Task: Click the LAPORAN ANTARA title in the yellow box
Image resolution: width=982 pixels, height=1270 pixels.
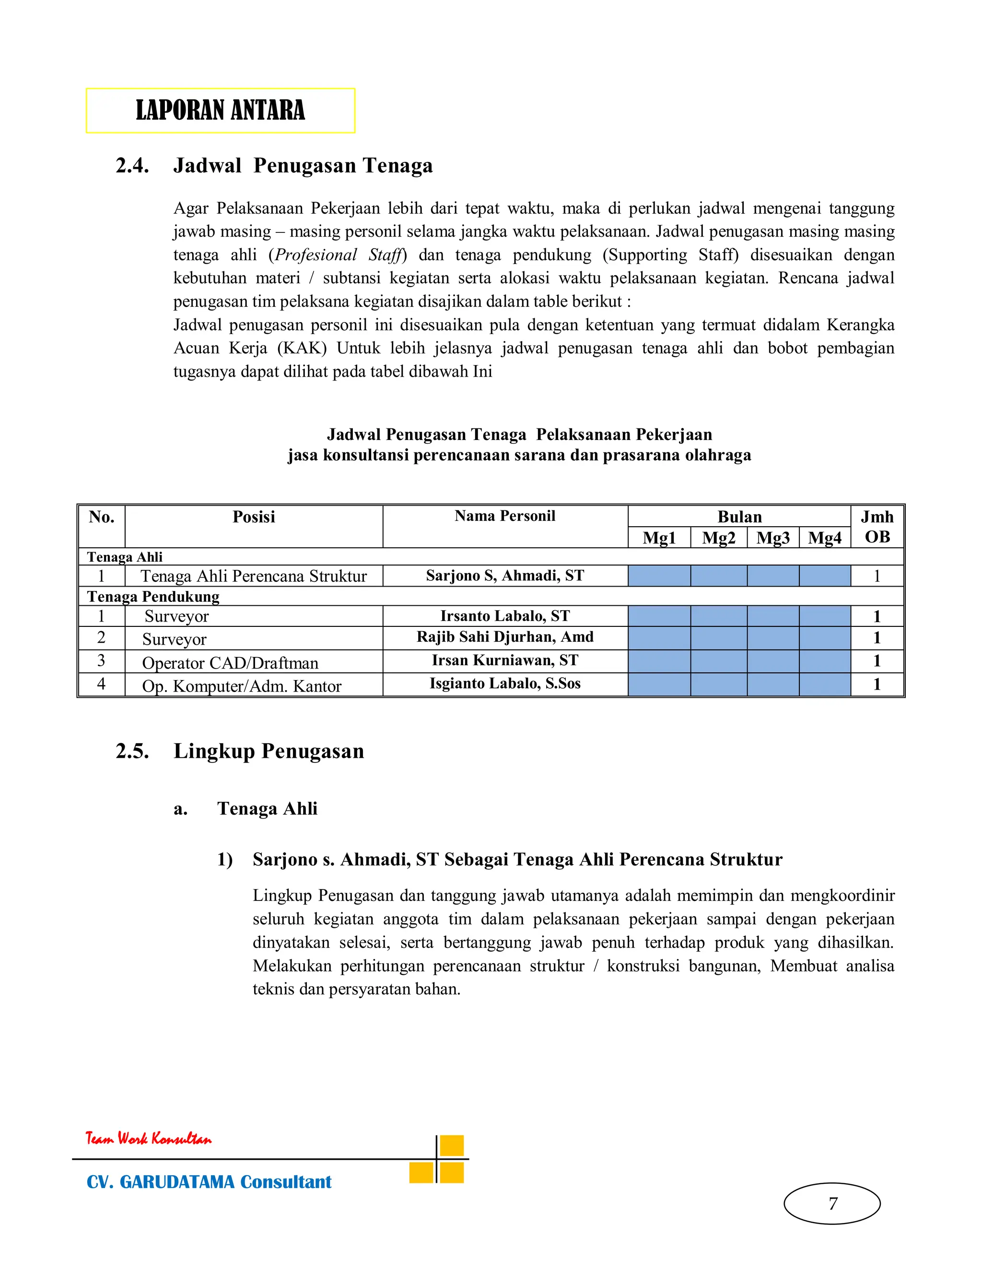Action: pyautogui.click(x=220, y=111)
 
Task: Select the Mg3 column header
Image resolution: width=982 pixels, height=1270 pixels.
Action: pyautogui.click(x=772, y=538)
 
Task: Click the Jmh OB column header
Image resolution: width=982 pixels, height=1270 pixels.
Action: pyautogui.click(x=877, y=527)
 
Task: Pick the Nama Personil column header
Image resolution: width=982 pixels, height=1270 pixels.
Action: pyautogui.click(x=504, y=516)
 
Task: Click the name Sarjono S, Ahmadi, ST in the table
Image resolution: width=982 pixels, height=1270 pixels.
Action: pyautogui.click(x=504, y=576)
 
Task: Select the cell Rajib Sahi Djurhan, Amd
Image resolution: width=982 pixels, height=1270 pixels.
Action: pyautogui.click(x=504, y=637)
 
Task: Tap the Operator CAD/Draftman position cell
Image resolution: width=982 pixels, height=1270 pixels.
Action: pyautogui.click(x=230, y=663)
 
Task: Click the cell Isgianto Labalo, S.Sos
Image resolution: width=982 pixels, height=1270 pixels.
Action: pyautogui.click(x=504, y=683)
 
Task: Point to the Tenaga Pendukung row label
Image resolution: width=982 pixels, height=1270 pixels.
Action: pyautogui.click(x=153, y=597)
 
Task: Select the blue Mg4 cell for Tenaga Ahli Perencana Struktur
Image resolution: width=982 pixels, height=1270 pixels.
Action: pyautogui.click(x=824, y=576)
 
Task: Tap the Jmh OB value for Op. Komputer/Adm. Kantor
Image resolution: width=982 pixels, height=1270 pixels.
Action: pyautogui.click(x=877, y=684)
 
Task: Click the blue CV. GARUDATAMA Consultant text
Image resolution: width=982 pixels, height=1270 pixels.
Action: pyautogui.click(x=209, y=1182)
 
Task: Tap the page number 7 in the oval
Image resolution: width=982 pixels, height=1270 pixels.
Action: pyautogui.click(x=832, y=1203)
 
